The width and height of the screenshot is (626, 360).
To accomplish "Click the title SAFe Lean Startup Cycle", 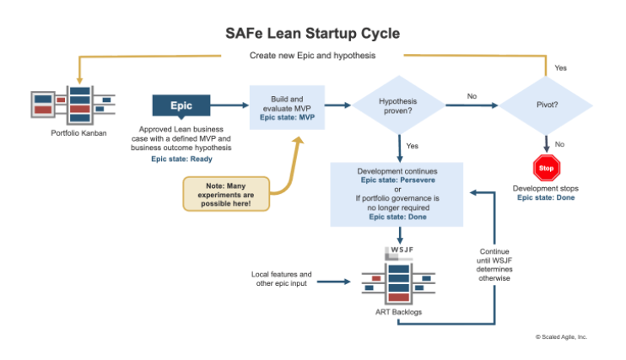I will (312, 34).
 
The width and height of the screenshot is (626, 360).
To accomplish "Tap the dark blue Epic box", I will (181, 105).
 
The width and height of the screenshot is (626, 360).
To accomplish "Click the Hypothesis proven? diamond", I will (397, 105).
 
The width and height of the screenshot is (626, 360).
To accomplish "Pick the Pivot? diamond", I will (546, 105).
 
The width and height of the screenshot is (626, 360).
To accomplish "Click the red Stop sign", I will (547, 168).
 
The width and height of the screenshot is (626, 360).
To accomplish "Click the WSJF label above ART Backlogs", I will (399, 250).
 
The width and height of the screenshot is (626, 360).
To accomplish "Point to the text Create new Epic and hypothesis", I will (312, 56).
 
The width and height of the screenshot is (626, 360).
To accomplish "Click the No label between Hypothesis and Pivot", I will (472, 96).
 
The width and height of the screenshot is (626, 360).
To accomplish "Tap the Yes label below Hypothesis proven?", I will (412, 146).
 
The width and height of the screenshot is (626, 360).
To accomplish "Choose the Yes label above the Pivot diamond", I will (561, 68).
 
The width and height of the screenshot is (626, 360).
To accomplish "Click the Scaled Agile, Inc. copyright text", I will (561, 336).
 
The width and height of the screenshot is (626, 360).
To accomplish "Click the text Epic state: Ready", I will (181, 158).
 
